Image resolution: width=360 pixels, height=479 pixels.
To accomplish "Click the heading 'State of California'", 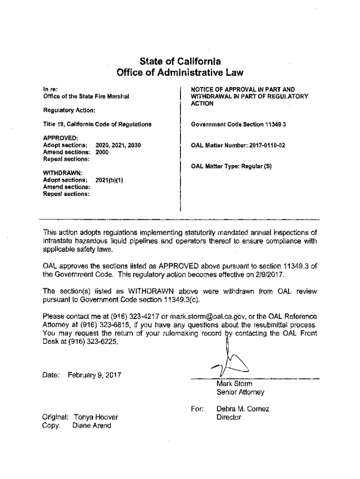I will [180, 61].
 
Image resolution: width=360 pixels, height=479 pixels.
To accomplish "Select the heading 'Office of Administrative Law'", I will [180, 73].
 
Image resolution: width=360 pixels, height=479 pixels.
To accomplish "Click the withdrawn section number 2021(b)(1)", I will [109, 180].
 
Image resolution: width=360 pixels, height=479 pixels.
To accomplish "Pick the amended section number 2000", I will [102, 152].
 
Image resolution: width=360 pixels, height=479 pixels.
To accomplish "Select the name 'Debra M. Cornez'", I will [243, 409].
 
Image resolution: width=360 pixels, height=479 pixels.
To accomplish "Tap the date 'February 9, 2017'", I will [94, 375].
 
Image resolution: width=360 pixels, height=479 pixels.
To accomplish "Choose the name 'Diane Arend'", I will [92, 426].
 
